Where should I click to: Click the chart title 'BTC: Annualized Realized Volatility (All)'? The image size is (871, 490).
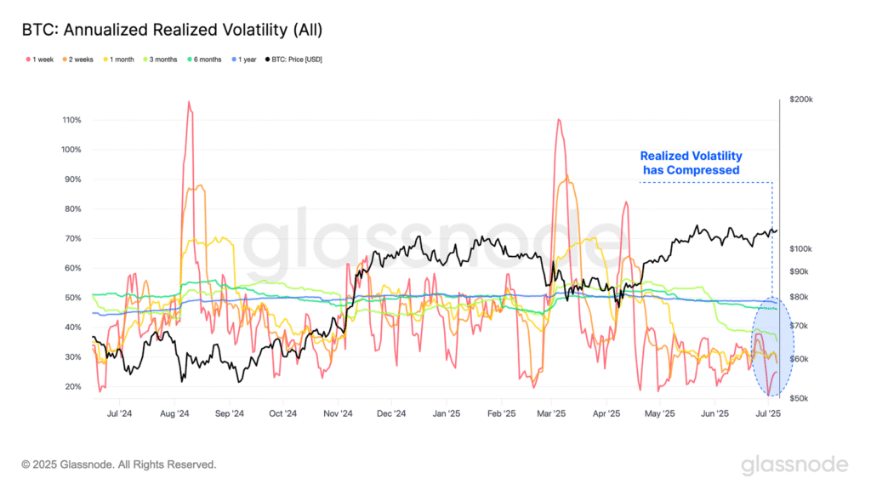[172, 30]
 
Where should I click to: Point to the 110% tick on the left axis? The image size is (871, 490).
[71, 120]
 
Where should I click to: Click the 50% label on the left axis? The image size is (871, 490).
[73, 298]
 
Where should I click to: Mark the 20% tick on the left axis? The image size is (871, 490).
[73, 386]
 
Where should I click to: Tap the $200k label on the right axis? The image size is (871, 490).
[800, 100]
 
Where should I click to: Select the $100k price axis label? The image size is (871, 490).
[800, 248]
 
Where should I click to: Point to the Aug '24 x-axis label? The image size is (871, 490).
[174, 414]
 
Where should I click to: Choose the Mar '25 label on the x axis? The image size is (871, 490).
[552, 414]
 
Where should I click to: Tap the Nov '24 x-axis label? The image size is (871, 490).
[338, 414]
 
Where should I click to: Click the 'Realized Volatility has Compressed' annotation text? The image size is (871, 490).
[691, 162]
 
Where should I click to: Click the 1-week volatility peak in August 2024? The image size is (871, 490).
[188, 103]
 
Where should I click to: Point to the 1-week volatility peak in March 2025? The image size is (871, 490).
[558, 120]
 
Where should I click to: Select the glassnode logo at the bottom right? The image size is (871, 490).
[794, 464]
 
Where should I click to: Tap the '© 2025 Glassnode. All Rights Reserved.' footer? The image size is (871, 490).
[119, 464]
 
